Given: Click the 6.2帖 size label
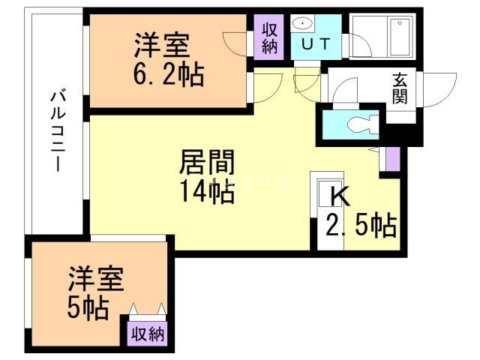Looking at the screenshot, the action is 169,74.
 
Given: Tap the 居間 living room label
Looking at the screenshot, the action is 207,162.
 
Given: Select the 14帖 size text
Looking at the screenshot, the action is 208,192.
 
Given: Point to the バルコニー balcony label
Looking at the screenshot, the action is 58,130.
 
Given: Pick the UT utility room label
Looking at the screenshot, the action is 316,43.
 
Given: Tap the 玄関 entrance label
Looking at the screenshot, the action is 400,88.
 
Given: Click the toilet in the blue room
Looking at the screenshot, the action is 363,124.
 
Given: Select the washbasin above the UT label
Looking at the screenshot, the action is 303,23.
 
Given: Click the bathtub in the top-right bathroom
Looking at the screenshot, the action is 400,37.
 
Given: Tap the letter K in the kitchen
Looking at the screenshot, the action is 340,196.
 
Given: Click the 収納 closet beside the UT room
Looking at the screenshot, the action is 269,37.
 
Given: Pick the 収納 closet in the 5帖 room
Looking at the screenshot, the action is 148,334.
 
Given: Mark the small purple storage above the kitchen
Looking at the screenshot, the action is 393,159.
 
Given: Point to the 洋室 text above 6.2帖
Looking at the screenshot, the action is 162,45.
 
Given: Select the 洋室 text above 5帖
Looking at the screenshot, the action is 96,278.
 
